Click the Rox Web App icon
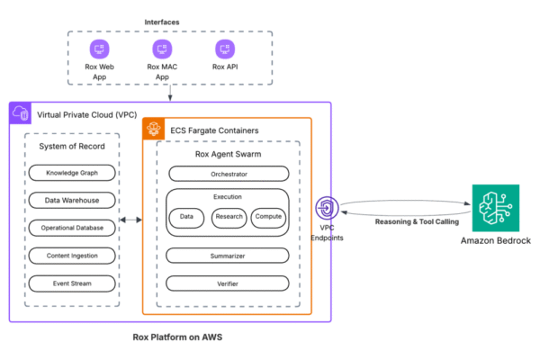(98, 48)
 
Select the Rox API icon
(223, 48)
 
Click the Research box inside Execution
(229, 217)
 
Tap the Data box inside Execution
(187, 217)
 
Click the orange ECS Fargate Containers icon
(153, 128)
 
